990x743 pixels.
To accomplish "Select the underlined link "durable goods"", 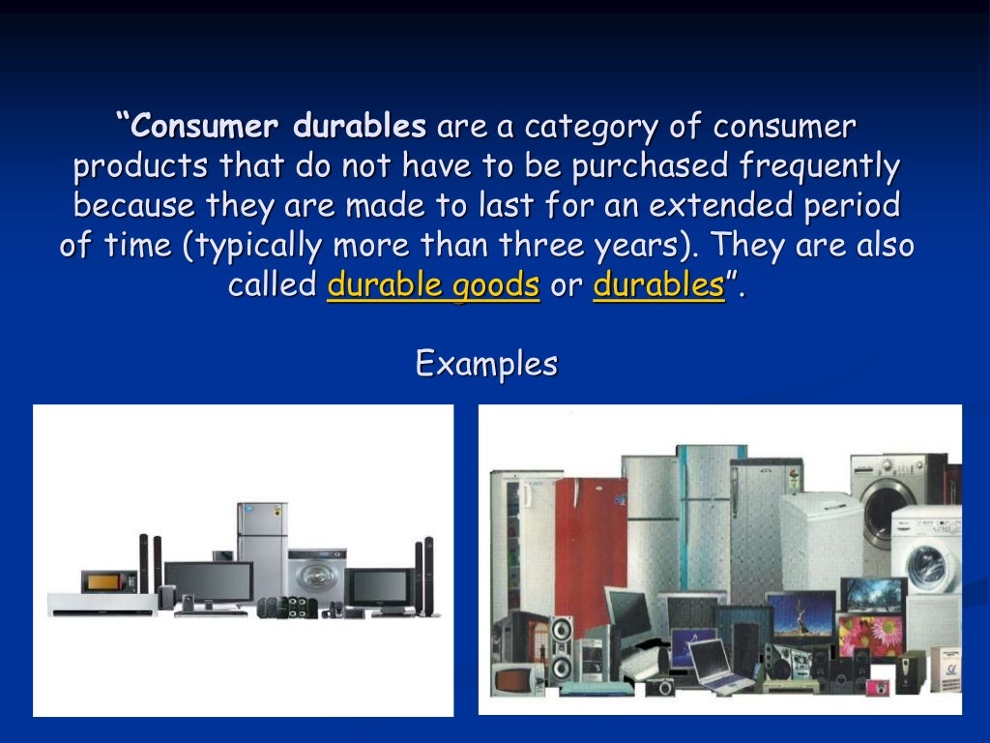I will pyautogui.click(x=433, y=285).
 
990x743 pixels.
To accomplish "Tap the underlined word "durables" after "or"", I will pyautogui.click(x=658, y=285).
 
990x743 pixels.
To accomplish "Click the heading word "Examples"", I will pyautogui.click(x=486, y=364).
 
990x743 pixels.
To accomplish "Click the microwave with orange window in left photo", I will pyautogui.click(x=101, y=582).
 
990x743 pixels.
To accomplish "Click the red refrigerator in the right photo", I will pyautogui.click(x=591, y=542).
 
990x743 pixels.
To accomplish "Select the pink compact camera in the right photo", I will pyautogui.click(x=878, y=687).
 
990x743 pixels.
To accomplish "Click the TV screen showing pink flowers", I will pyautogui.click(x=868, y=636).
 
